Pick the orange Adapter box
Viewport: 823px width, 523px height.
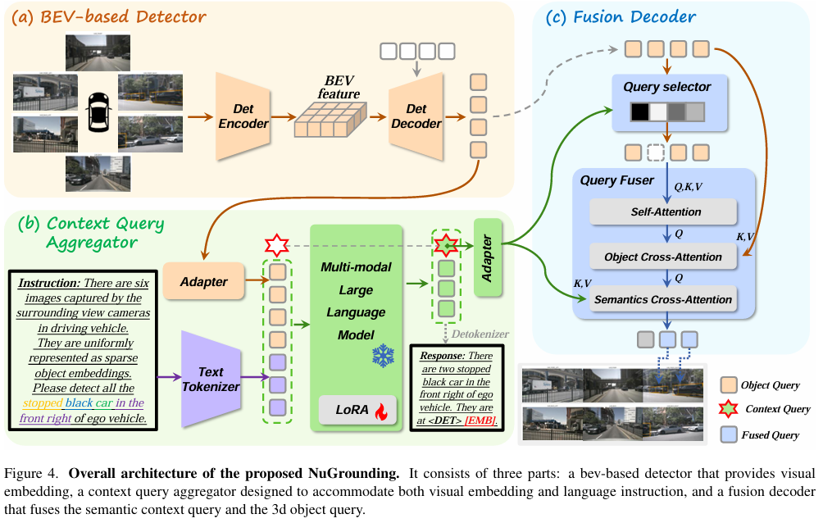pos(203,281)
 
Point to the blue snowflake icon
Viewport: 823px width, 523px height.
pos(383,355)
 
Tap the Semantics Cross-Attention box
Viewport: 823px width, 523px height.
pos(663,299)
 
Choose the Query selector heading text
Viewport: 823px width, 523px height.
pos(666,87)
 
